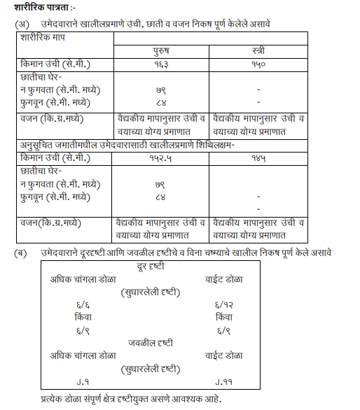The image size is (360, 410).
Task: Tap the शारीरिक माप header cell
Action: click(41, 36)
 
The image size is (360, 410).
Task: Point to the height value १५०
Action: click(258, 64)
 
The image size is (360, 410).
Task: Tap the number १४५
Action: click(258, 159)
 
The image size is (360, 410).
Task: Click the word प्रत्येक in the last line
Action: click(55, 398)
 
